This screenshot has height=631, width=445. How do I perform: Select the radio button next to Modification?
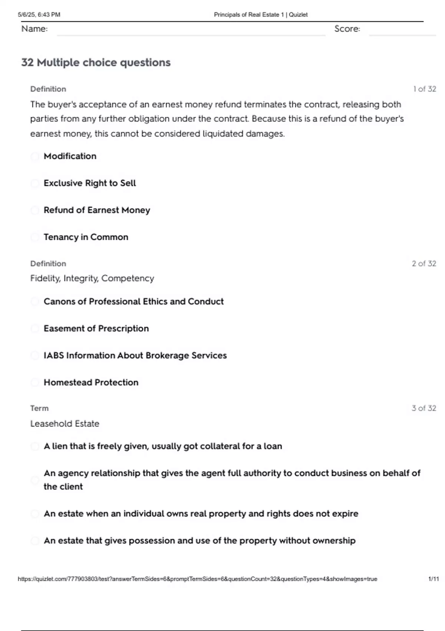tap(35, 156)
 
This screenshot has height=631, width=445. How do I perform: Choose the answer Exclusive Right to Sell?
tap(35, 183)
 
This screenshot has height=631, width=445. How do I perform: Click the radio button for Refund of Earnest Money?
tap(35, 210)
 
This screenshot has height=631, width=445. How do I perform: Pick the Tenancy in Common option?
tap(35, 237)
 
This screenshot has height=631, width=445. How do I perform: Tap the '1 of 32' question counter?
tap(424, 89)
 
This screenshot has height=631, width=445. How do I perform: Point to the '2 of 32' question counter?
tap(423, 264)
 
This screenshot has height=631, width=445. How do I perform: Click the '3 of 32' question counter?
tap(423, 408)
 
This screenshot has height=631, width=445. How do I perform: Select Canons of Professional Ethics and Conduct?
tap(35, 301)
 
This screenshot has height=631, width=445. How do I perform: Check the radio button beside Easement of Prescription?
tap(35, 328)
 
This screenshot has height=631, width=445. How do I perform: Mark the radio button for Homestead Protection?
tap(35, 383)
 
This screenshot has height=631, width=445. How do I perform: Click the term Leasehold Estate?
tap(65, 424)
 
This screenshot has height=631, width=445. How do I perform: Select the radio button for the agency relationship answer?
tap(35, 480)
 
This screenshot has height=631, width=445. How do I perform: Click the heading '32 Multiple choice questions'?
tap(96, 62)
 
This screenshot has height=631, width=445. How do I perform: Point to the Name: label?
tap(34, 29)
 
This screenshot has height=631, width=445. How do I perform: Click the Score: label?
tap(347, 29)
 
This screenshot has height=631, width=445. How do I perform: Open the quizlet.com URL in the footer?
tap(197, 579)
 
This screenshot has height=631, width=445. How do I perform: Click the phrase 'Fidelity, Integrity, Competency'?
tap(92, 278)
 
